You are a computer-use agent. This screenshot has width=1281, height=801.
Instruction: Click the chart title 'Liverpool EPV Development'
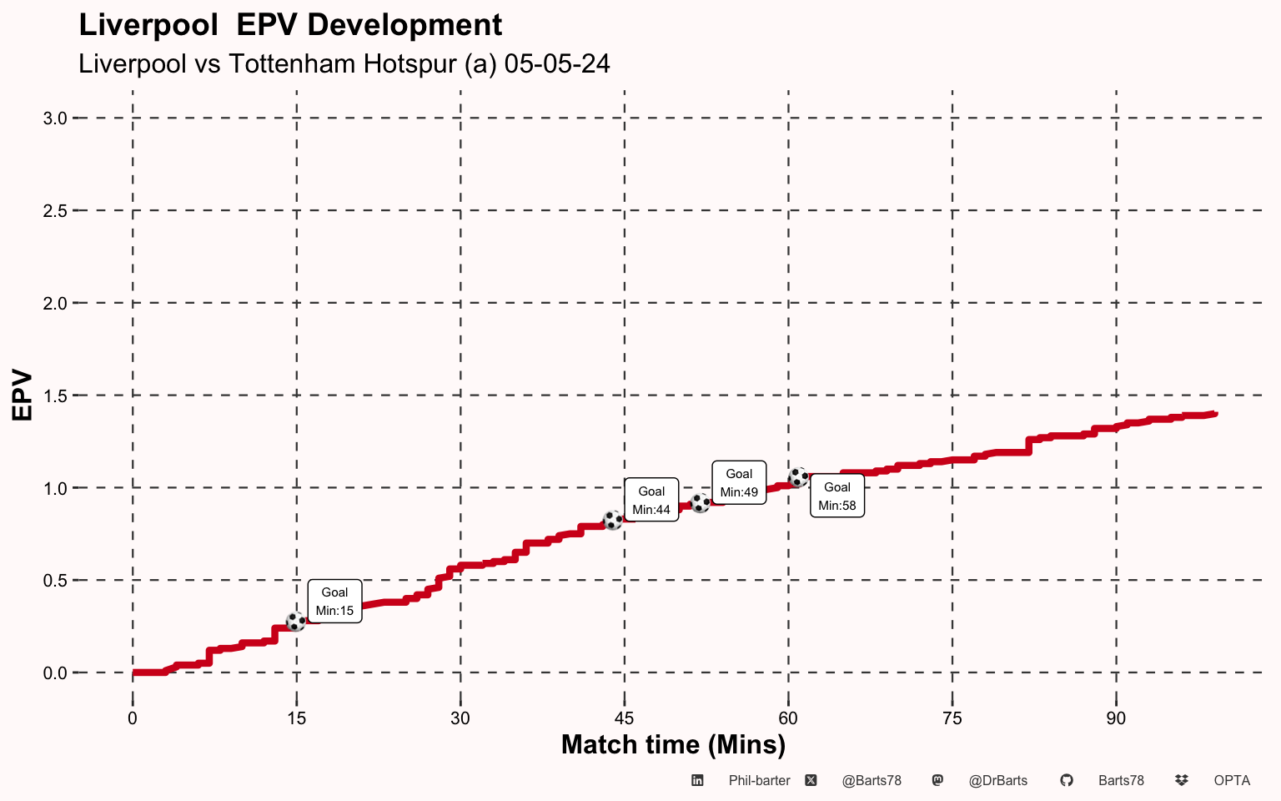(x=290, y=25)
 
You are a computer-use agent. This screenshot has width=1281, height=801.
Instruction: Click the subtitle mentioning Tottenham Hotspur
(x=344, y=63)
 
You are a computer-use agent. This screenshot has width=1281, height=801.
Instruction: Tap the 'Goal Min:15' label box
(x=334, y=601)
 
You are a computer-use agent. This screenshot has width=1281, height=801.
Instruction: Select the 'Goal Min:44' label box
(x=651, y=500)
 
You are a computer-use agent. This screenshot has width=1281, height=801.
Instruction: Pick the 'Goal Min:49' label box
(x=739, y=482)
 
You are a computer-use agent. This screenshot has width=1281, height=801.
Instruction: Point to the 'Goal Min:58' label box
(x=837, y=496)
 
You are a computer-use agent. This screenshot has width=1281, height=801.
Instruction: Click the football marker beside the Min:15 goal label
(x=296, y=622)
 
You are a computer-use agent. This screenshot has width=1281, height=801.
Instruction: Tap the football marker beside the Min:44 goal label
(x=613, y=520)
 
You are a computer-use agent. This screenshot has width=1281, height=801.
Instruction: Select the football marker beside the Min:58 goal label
(x=798, y=477)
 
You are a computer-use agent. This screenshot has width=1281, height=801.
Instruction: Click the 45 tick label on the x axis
(x=624, y=718)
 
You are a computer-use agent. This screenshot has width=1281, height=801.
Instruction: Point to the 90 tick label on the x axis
(x=1116, y=718)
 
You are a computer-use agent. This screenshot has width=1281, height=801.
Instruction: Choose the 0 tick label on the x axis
(x=133, y=718)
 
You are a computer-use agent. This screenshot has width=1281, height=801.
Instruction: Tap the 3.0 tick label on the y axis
(x=55, y=118)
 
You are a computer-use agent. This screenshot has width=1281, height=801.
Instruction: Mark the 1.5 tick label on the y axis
(x=55, y=395)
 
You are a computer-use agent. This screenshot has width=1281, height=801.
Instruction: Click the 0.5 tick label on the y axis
(x=55, y=581)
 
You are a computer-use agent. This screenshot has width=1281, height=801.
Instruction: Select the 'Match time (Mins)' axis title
(x=673, y=744)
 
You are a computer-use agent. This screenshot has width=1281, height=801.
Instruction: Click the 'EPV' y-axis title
(x=23, y=395)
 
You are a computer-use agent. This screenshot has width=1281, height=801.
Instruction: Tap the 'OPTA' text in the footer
(x=1232, y=781)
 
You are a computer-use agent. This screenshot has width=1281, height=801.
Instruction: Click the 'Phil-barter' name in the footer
(x=759, y=781)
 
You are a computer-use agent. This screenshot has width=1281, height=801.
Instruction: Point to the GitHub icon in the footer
(x=1067, y=781)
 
